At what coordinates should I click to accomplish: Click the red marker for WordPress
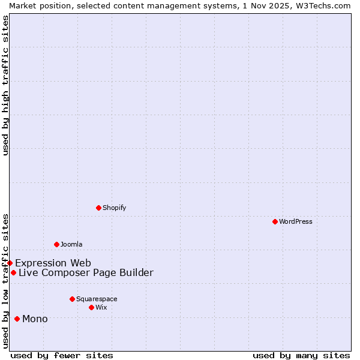pos(275,221)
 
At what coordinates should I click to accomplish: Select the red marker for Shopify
pos(99,208)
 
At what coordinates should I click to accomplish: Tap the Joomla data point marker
pos(56,244)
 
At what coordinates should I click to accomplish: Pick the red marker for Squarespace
pos(72,299)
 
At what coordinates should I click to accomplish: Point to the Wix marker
pos(91,307)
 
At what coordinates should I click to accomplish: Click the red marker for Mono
pos(17,319)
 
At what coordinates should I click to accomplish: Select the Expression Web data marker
pos(10,263)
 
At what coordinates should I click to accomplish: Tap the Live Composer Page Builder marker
pos(13,272)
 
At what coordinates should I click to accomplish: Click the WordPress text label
pos(296,221)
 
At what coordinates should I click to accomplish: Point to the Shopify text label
pos(115,208)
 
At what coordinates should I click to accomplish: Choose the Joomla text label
pos(71,244)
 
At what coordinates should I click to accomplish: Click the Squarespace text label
pos(97,299)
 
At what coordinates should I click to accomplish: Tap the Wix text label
pos(101,307)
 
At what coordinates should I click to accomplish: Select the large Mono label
pos(35,319)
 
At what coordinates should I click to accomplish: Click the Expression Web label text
pos(53,263)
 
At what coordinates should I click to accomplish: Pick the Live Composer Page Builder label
pos(86,272)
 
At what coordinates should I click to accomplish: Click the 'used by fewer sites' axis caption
pos(62,355)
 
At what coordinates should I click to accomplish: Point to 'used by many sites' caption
pos(301,355)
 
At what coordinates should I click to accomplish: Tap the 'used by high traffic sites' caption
pos(5,85)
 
